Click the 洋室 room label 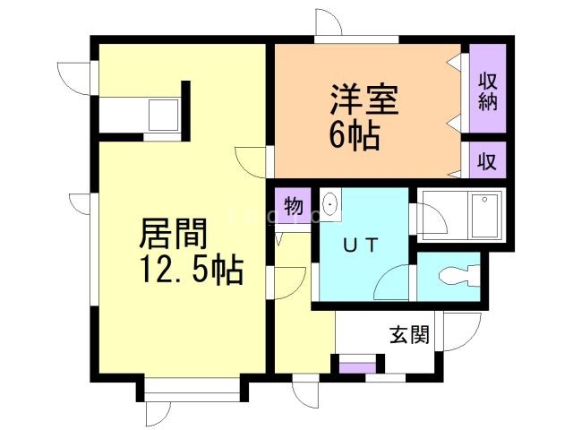[x=363, y=99]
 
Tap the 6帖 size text [x=354, y=136]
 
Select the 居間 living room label [x=173, y=234]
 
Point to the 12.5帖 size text [x=190, y=270]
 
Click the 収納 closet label [x=486, y=90]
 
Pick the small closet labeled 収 [x=486, y=161]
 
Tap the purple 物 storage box [x=294, y=205]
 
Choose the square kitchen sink [x=163, y=115]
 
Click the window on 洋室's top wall [x=356, y=39]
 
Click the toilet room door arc [x=394, y=287]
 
